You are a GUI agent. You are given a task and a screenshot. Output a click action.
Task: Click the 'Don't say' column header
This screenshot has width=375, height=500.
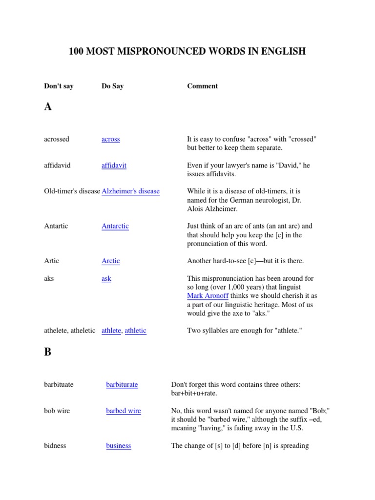click(x=59, y=86)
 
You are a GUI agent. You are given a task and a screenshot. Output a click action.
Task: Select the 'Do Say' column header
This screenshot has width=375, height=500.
click(x=112, y=86)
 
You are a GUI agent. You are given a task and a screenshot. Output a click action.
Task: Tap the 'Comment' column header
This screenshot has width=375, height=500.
click(x=202, y=86)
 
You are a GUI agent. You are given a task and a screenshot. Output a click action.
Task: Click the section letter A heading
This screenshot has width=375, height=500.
click(x=48, y=107)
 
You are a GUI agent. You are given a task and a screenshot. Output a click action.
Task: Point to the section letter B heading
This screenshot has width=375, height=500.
click(x=47, y=352)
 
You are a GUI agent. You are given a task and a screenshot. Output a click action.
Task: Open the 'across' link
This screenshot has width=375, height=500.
click(x=110, y=139)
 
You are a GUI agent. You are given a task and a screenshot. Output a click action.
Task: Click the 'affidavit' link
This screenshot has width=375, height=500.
click(x=114, y=166)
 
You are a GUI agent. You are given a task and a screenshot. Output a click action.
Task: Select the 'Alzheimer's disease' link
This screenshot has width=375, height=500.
click(x=130, y=191)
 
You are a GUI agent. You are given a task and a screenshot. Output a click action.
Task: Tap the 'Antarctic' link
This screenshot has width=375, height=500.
click(x=115, y=226)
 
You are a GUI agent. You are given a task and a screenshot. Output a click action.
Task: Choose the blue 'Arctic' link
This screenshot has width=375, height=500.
click(x=110, y=261)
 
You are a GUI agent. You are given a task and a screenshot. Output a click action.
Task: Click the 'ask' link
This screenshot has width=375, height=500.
click(x=106, y=278)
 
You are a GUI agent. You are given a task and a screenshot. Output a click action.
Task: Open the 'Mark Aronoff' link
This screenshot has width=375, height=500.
click(x=208, y=296)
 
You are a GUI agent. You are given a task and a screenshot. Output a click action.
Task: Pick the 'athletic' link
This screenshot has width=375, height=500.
click(x=135, y=331)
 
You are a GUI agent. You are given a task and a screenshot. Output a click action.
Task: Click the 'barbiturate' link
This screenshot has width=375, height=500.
click(x=122, y=385)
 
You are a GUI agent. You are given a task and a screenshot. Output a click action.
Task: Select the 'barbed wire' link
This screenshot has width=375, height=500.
click(x=124, y=411)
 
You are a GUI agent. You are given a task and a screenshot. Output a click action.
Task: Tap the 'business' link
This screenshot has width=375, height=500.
click(x=119, y=446)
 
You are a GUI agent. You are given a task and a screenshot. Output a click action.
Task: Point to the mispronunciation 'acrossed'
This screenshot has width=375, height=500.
click(x=57, y=139)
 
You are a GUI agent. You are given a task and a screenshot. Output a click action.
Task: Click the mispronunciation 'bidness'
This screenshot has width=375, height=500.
click(x=55, y=446)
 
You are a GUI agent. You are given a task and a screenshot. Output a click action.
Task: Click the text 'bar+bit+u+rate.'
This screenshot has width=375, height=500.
click(x=194, y=394)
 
